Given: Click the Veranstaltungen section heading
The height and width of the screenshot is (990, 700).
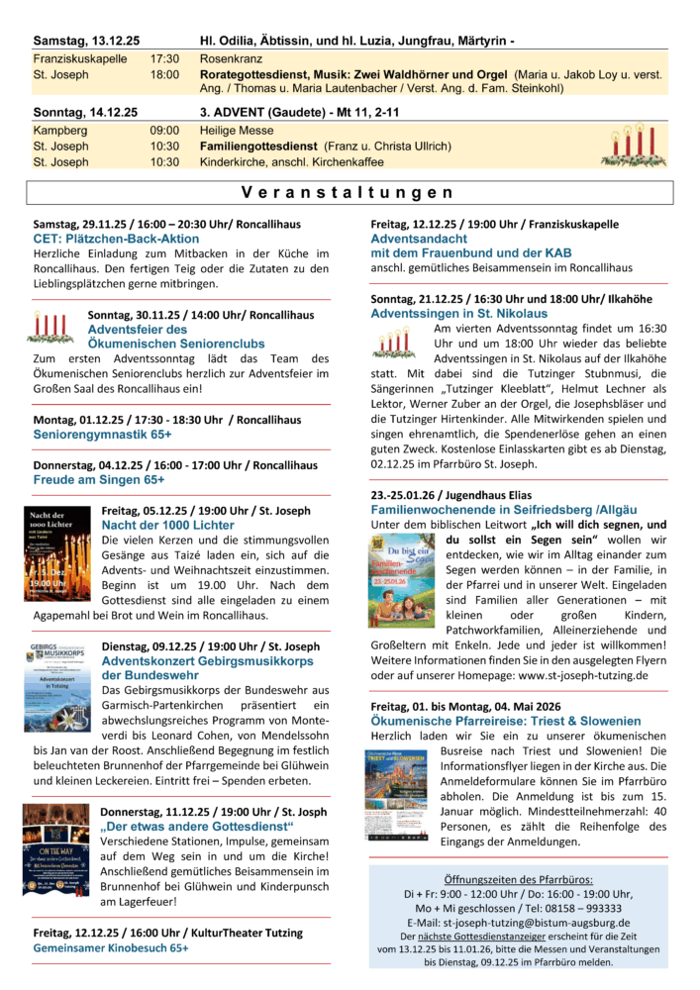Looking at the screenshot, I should (349, 193).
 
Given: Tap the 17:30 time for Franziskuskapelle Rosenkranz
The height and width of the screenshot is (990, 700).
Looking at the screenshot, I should (164, 58).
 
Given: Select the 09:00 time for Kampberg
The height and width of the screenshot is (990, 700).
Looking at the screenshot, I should (164, 130).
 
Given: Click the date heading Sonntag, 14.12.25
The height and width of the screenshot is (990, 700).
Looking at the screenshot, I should (85, 113).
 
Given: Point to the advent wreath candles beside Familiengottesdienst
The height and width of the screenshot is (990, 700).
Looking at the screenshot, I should (634, 146).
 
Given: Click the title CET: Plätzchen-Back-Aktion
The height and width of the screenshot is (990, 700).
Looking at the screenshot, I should (116, 239).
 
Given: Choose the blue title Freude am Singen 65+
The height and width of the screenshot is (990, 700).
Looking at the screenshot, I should (99, 479).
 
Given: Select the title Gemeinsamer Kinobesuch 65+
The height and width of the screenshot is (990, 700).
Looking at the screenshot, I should (111, 947).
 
